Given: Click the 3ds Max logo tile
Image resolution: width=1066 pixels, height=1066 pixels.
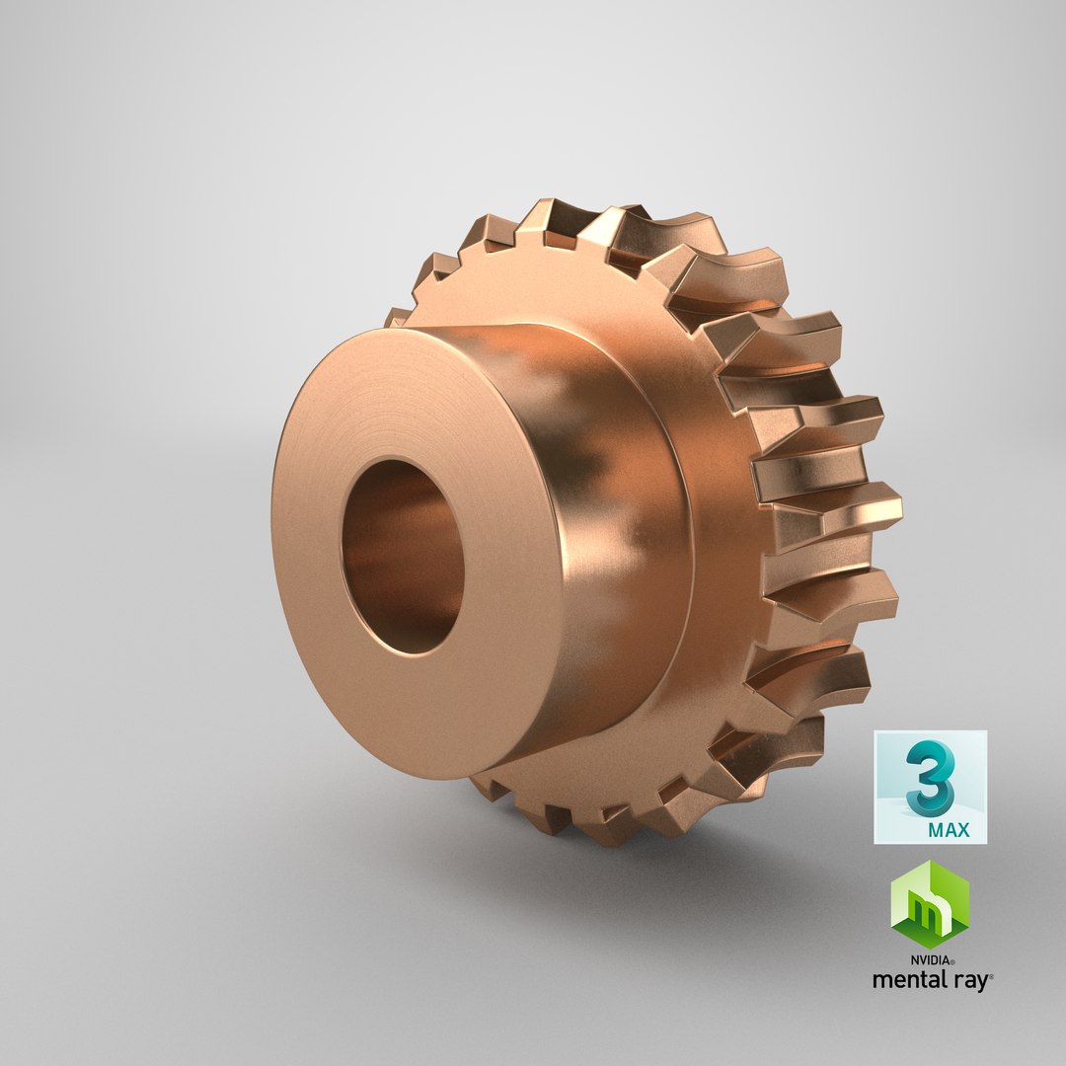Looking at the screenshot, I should click(930, 787).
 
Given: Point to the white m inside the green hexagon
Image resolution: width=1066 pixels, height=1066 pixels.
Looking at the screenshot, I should click(930, 907).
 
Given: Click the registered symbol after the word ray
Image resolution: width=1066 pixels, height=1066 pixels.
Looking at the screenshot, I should click(990, 975).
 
